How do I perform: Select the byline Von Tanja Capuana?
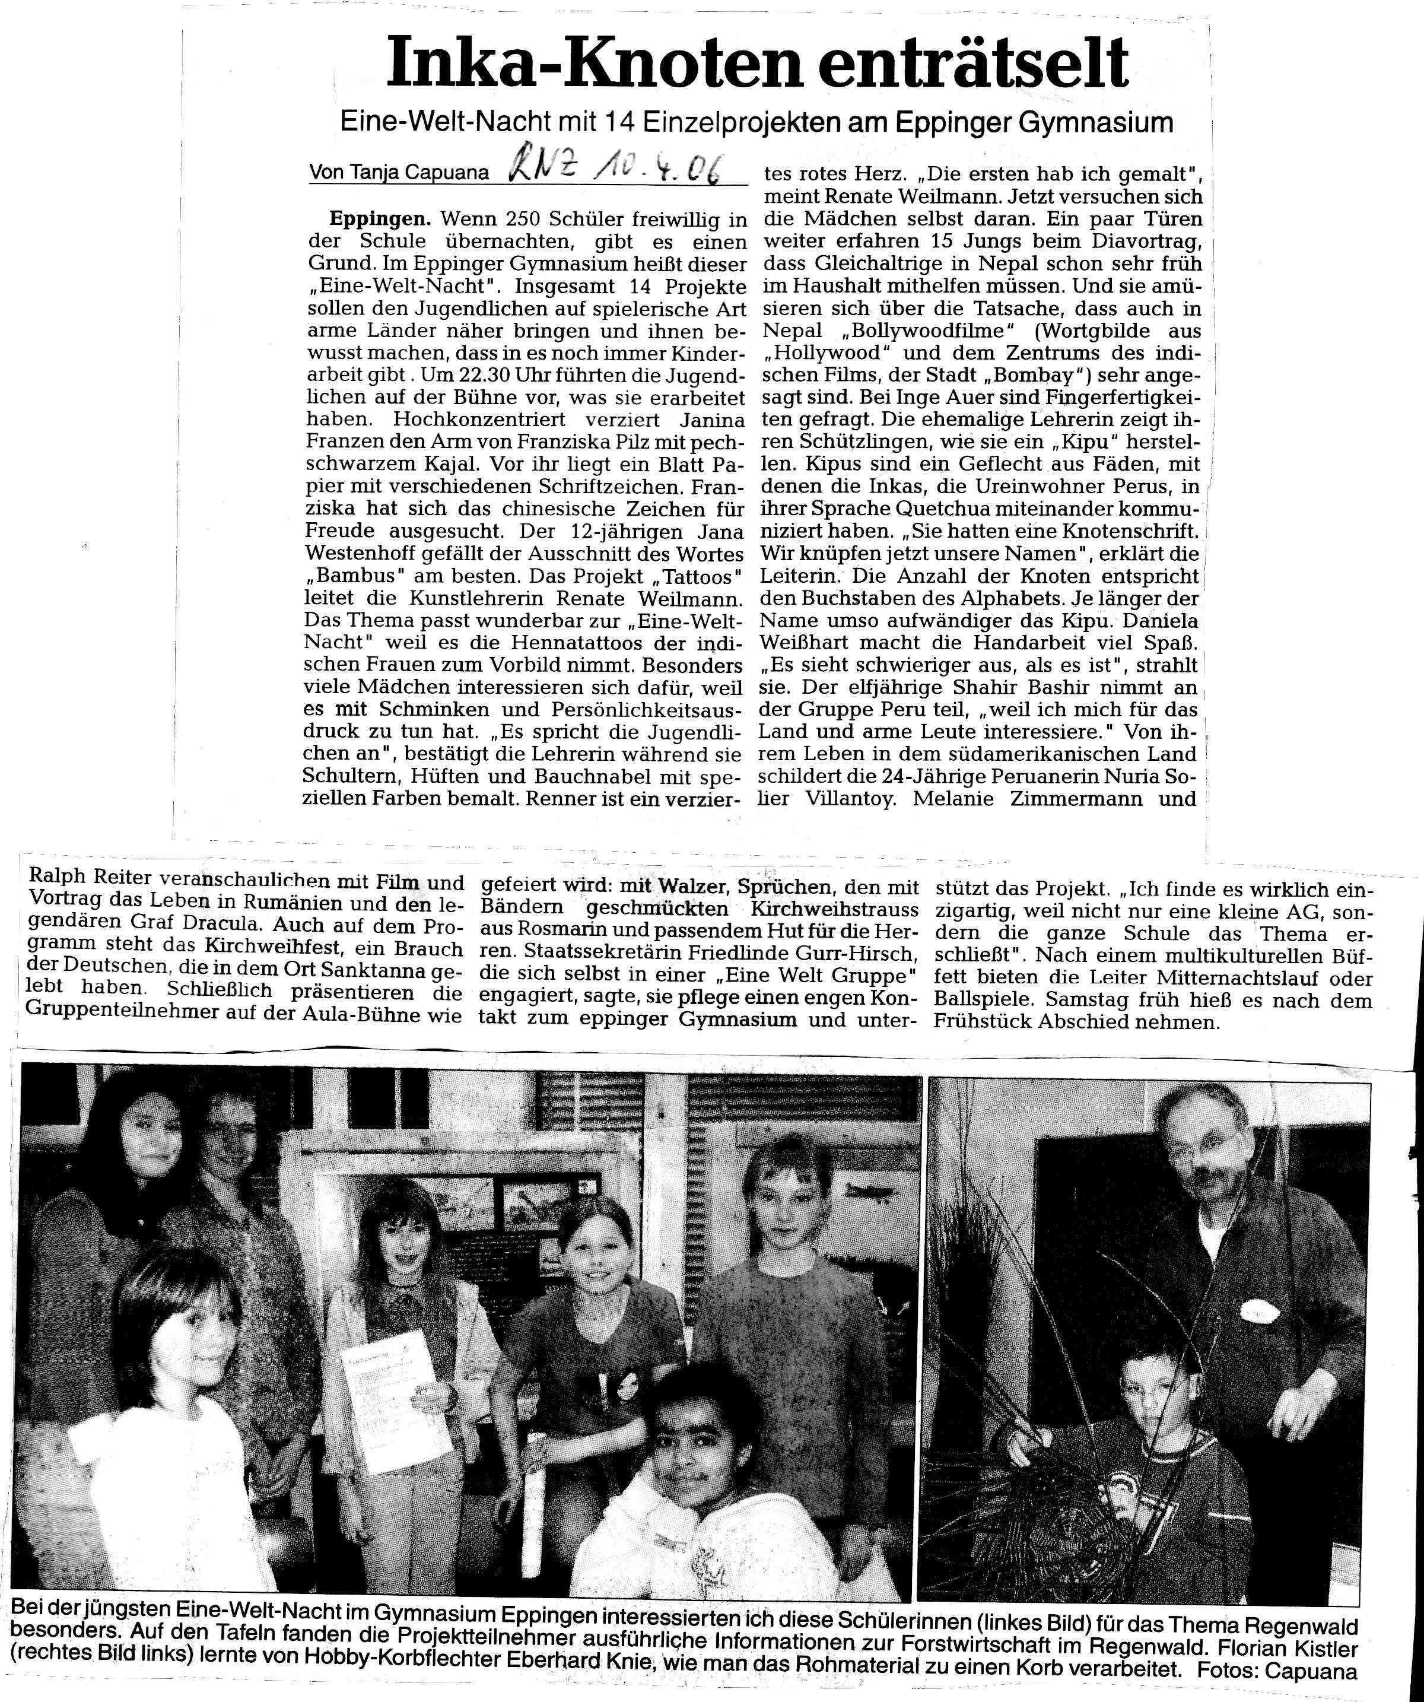[399, 173]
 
